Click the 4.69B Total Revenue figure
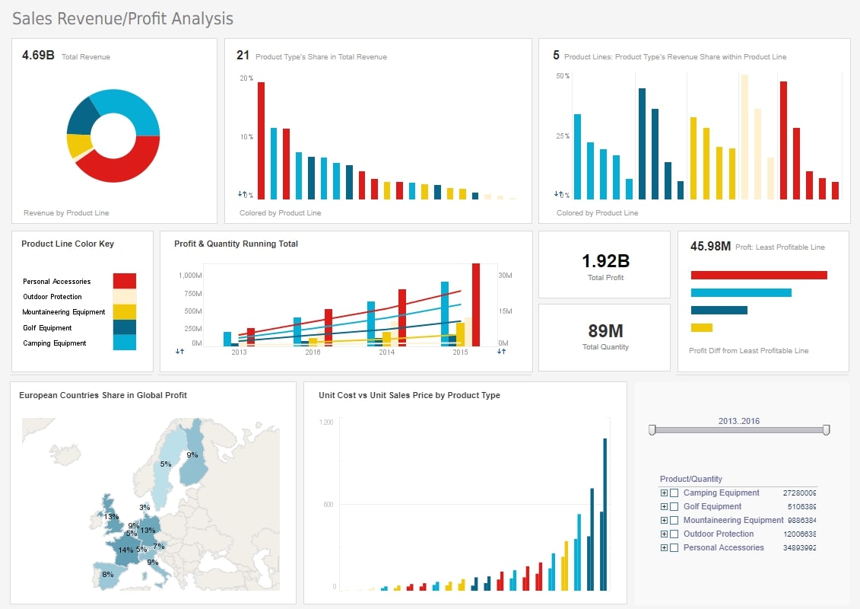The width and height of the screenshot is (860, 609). click(38, 56)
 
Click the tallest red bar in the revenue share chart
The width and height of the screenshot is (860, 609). click(261, 141)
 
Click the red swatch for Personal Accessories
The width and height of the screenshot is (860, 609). click(124, 281)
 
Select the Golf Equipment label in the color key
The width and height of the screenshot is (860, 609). click(47, 328)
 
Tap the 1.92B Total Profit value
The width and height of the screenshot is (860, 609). click(605, 261)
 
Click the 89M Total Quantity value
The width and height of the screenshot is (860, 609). click(605, 330)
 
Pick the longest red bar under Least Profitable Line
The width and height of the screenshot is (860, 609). click(758, 275)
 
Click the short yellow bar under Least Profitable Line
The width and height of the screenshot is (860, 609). click(701, 327)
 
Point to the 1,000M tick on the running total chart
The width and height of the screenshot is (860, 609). click(190, 275)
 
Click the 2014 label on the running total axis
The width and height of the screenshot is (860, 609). click(387, 353)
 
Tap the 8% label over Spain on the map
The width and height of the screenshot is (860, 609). click(107, 575)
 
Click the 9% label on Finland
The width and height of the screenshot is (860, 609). click(192, 455)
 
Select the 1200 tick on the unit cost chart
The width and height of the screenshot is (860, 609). click(326, 422)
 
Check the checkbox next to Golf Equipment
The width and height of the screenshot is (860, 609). click(674, 506)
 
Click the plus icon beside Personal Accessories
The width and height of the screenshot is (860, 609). click(664, 547)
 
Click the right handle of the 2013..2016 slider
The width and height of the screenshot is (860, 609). click(826, 430)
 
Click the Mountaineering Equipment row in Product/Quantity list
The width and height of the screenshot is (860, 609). click(733, 520)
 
